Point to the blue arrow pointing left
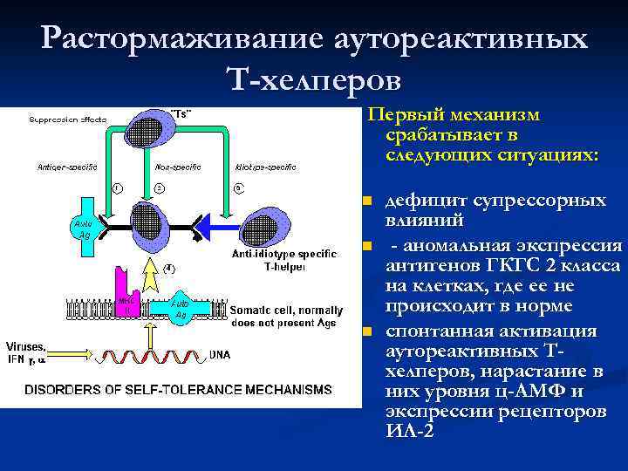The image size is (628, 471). (214, 228)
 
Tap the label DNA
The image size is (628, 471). (221, 355)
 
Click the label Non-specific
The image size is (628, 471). (174, 166)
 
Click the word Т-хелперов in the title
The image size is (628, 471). (313, 80)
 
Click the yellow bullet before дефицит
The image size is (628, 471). (367, 202)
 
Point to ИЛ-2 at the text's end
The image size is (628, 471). (409, 433)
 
